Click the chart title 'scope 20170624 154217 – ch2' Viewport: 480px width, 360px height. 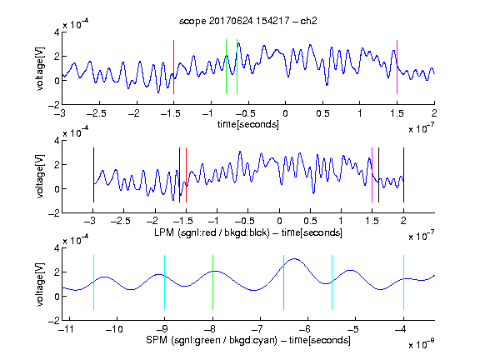click(248, 21)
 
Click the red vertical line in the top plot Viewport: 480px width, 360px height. click(173, 67)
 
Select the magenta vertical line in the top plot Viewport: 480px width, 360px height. click(397, 67)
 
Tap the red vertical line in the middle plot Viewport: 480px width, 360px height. click(186, 175)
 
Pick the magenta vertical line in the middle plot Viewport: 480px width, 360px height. click(372, 175)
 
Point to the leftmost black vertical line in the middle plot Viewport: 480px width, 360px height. click(93, 175)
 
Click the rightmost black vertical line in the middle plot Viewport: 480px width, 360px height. click(403, 175)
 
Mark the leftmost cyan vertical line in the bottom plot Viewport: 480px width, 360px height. click(93, 282)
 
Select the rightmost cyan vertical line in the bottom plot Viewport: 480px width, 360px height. click(403, 282)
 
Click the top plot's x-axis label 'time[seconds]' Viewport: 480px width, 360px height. click(248, 124)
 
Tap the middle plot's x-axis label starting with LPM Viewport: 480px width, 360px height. click(248, 232)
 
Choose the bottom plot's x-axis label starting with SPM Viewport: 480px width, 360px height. click(248, 340)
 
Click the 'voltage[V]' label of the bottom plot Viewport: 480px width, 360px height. click(40, 284)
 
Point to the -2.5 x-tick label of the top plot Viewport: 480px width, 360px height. click(96, 113)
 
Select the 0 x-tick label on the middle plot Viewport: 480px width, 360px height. click(279, 221)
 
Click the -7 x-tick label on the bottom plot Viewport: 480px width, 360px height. click(257, 329)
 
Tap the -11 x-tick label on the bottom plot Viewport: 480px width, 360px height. click(66, 329)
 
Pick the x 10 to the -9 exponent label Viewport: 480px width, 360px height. click(422, 344)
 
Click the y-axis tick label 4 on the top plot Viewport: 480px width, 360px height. click(57, 32)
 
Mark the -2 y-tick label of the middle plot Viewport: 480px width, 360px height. click(54, 213)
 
